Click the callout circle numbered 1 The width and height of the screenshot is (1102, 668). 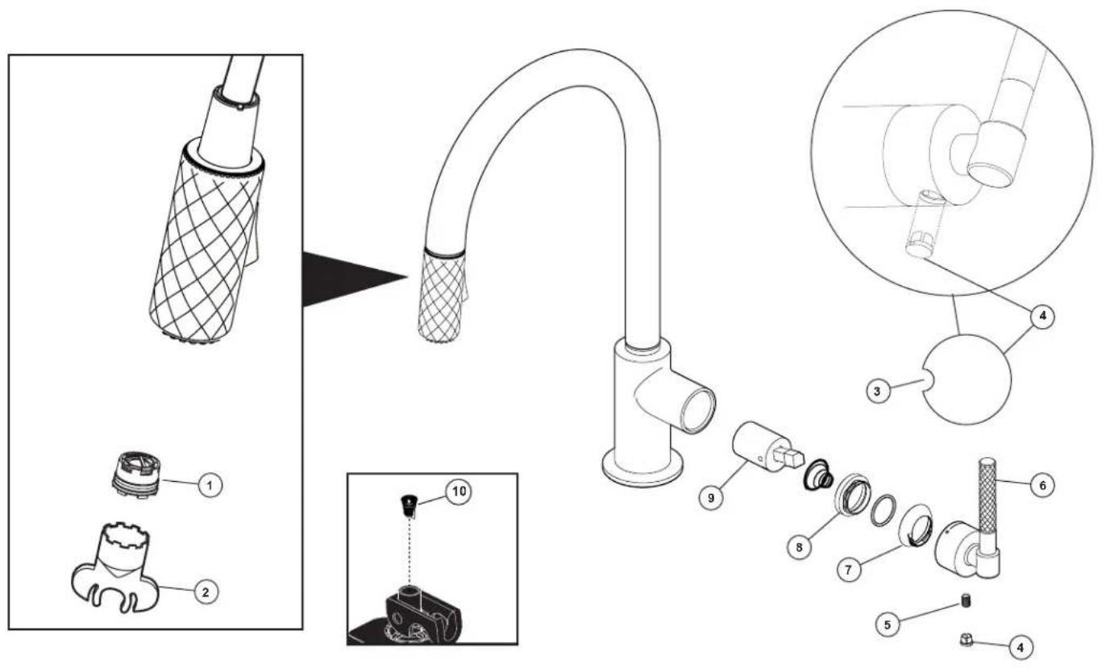click(210, 486)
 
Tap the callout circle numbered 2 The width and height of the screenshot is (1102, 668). click(206, 591)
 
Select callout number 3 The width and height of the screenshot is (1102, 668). click(878, 392)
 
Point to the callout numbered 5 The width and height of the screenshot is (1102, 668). click(888, 624)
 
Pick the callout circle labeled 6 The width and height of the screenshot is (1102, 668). click(1042, 486)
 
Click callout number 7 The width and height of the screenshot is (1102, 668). click(849, 570)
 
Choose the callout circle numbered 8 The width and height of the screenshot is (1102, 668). click(799, 546)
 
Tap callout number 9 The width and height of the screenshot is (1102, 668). click(711, 498)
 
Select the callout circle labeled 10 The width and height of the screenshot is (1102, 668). click(459, 492)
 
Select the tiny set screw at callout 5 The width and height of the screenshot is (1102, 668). click(966, 601)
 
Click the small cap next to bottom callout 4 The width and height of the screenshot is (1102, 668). click(966, 640)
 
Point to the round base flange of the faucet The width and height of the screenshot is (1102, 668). click(643, 468)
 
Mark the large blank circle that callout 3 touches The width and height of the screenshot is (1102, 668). click(967, 380)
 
